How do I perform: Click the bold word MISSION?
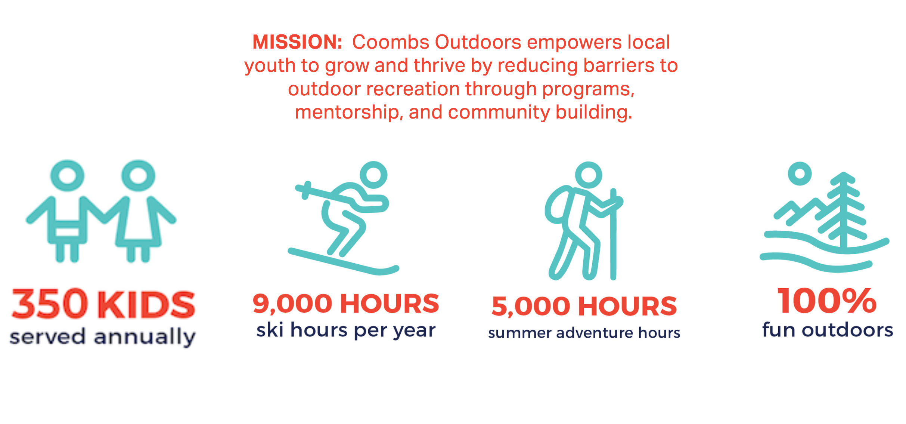pyautogui.click(x=297, y=42)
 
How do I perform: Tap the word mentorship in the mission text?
pyautogui.click(x=349, y=112)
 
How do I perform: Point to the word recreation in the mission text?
pyautogui.click(x=412, y=89)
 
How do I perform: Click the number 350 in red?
pyautogui.click(x=50, y=304)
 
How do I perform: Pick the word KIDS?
pyautogui.click(x=146, y=304)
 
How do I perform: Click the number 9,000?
pyautogui.click(x=292, y=303)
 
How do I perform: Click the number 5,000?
pyautogui.click(x=531, y=306)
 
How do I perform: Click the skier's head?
pyautogui.click(x=373, y=175)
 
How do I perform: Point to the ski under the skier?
pyautogui.click(x=343, y=261)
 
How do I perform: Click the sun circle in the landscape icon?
pyautogui.click(x=800, y=173)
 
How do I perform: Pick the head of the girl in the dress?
pyautogui.click(x=138, y=176)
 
